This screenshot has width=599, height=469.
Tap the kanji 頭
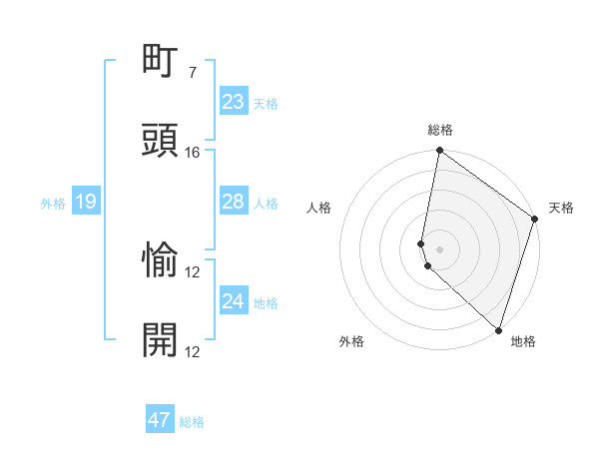(x=162, y=141)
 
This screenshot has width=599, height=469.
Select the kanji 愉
(x=162, y=260)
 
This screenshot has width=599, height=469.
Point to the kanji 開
(x=162, y=340)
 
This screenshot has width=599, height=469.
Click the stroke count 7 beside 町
(x=193, y=73)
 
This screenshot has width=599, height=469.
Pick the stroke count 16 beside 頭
(x=193, y=153)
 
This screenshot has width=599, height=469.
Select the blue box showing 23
(x=233, y=102)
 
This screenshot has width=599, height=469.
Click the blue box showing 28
(x=233, y=202)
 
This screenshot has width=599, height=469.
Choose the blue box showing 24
(x=233, y=301)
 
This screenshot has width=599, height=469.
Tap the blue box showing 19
(x=85, y=203)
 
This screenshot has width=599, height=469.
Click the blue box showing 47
(x=159, y=420)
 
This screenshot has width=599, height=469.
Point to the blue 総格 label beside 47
(x=192, y=422)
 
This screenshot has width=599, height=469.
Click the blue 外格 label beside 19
(x=53, y=204)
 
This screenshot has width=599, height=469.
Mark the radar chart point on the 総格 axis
(x=439, y=151)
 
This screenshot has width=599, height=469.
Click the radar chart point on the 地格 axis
(x=497, y=330)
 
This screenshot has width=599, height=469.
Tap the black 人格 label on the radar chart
(x=318, y=208)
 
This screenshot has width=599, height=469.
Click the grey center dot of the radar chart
(x=439, y=248)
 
